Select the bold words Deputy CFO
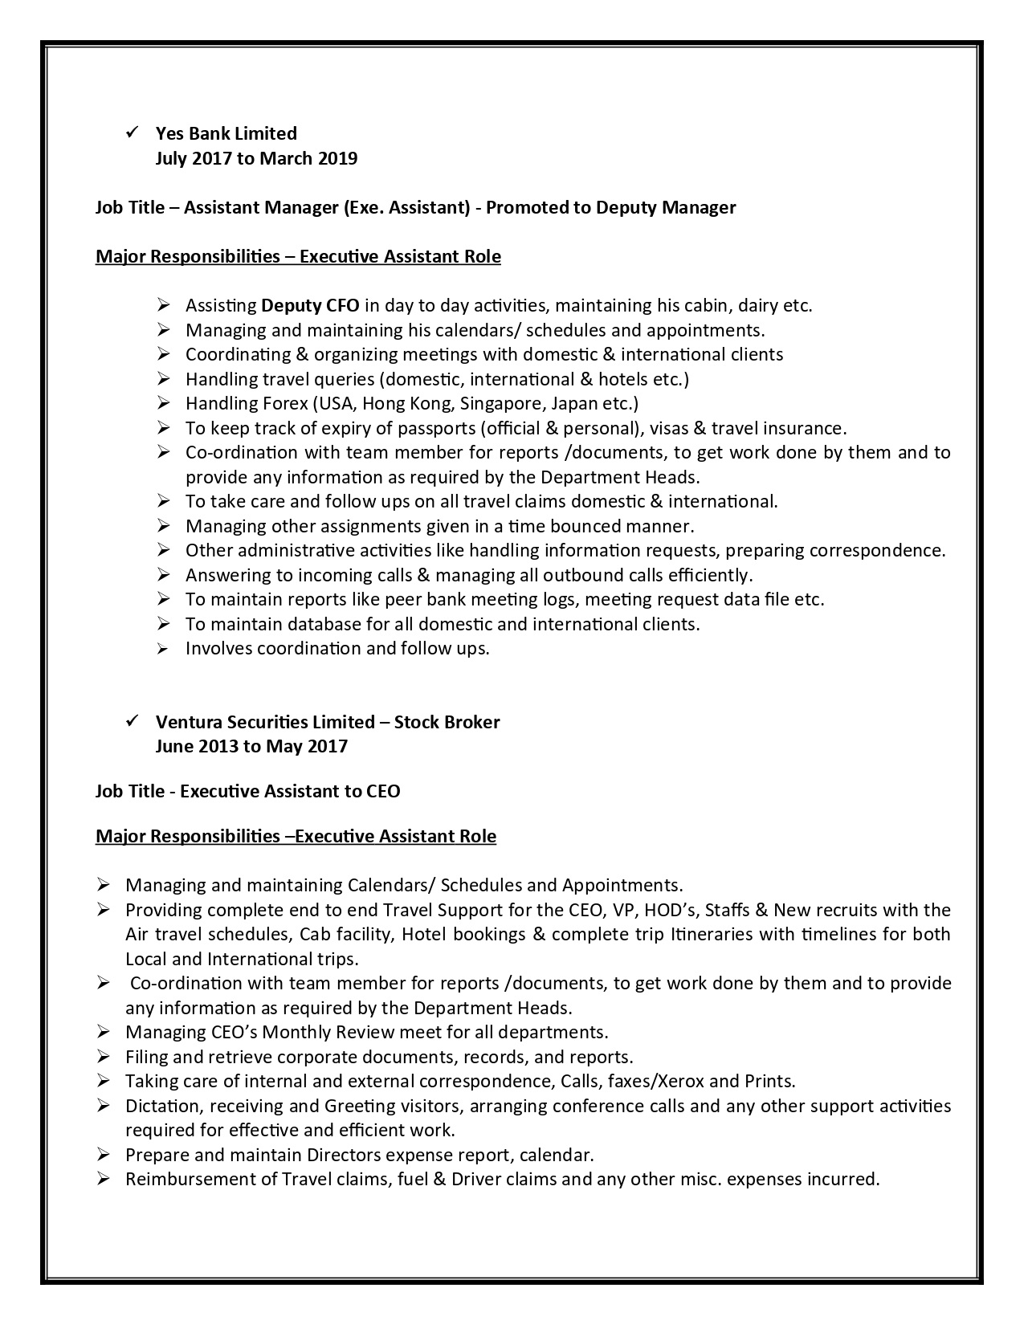(311, 305)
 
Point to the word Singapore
(496, 403)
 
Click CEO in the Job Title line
(383, 792)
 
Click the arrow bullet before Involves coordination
(164, 649)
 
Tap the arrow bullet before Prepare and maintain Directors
(103, 1155)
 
